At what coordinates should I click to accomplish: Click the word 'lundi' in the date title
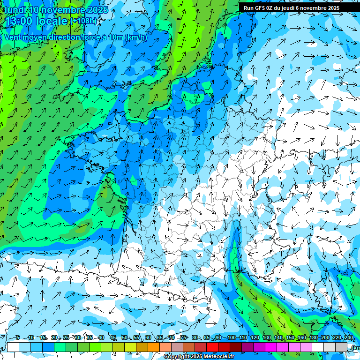(15, 10)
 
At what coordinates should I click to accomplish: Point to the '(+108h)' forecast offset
(84, 21)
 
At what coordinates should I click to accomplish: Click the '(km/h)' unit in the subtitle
(136, 37)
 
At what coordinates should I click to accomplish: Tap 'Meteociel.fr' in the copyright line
(219, 357)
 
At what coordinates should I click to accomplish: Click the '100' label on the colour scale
(231, 338)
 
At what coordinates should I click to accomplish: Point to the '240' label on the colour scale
(348, 338)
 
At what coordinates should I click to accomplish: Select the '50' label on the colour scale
(125, 338)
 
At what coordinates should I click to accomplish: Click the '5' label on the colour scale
(17, 338)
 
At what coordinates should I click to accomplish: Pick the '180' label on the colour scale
(313, 338)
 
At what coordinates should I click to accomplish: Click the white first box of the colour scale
(13, 347)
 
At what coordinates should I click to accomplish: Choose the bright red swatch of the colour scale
(212, 347)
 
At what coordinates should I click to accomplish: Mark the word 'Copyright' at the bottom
(176, 357)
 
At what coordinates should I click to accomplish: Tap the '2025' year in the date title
(97, 10)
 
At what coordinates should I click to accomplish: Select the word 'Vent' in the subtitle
(13, 37)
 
